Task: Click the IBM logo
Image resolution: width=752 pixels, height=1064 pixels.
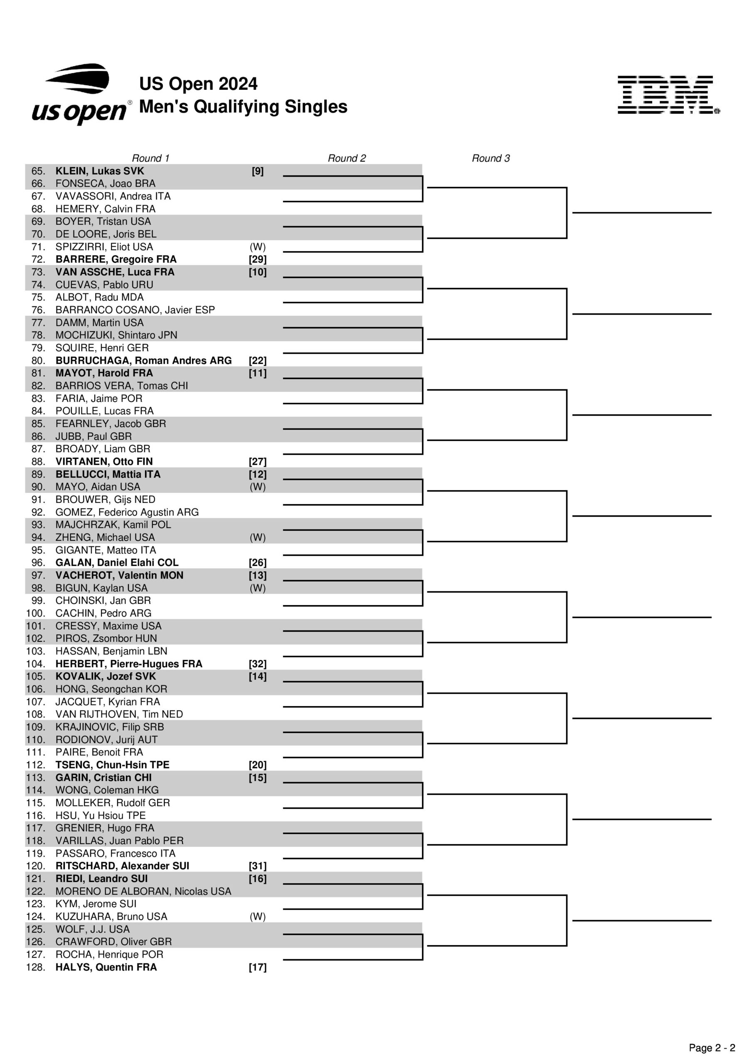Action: [668, 95]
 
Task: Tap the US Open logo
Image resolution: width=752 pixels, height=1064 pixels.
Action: [80, 94]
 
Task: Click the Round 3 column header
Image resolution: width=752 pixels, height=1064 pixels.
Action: [491, 158]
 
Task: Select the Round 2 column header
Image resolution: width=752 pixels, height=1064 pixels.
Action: [346, 158]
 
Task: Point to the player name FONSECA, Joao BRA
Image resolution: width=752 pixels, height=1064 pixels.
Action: [105, 184]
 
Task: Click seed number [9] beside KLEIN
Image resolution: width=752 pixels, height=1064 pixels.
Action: [257, 171]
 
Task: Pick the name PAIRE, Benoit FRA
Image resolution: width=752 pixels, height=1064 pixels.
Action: [99, 752]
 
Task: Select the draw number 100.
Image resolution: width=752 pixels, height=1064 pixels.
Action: [36, 613]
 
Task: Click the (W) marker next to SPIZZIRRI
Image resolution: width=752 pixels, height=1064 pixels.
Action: [257, 246]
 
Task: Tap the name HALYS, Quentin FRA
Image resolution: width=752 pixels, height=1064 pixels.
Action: [106, 967]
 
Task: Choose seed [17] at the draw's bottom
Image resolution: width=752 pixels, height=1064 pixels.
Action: [257, 967]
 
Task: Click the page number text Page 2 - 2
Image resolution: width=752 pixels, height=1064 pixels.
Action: [712, 1048]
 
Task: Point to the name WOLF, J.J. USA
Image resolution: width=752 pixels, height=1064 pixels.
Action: [92, 929]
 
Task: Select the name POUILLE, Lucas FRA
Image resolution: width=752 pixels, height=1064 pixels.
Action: [104, 411]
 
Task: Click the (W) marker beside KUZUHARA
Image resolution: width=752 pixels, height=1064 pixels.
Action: [257, 916]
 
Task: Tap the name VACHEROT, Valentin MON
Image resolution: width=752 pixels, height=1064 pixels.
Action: [119, 575]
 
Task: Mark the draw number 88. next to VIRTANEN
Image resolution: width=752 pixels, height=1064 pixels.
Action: [38, 462]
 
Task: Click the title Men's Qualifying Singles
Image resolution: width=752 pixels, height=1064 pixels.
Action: [243, 106]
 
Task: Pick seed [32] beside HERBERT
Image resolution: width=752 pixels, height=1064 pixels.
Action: [257, 664]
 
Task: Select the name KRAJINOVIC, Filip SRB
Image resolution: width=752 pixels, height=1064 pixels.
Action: [109, 727]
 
